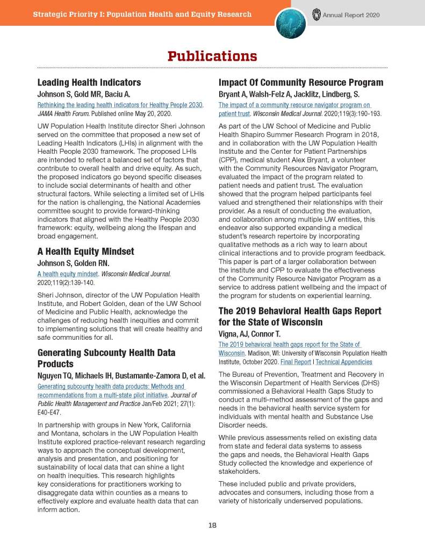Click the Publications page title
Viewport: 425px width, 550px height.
pos(212,56)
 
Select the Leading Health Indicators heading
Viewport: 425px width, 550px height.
pos(89,83)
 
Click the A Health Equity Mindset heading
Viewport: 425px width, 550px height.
pos(85,251)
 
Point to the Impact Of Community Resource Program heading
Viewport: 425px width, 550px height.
pos(300,83)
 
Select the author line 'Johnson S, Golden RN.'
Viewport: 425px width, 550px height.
pos(73,263)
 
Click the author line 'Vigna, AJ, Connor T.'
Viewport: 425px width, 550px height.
pos(257,334)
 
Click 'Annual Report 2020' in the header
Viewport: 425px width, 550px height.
pos(351,15)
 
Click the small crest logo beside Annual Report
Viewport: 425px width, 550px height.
pos(316,15)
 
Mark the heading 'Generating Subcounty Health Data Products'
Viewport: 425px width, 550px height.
pos(106,358)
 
